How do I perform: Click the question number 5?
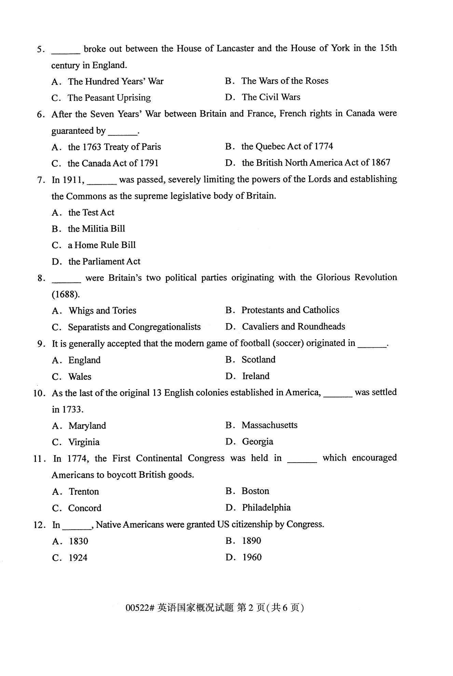(40, 50)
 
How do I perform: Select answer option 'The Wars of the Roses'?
(285, 81)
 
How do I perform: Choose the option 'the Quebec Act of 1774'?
(287, 146)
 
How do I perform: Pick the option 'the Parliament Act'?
(104, 262)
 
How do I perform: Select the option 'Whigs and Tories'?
(102, 310)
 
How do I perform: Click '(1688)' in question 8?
(66, 294)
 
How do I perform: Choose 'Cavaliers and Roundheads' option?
(293, 327)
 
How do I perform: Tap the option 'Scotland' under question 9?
(258, 360)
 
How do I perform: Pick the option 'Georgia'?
(257, 441)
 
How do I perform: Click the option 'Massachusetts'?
(269, 425)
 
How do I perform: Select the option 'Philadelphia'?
(266, 507)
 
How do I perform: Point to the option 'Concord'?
(85, 508)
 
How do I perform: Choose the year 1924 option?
(78, 558)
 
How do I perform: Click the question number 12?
(39, 525)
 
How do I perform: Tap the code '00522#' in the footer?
(140, 608)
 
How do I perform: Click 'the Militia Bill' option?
(96, 229)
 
